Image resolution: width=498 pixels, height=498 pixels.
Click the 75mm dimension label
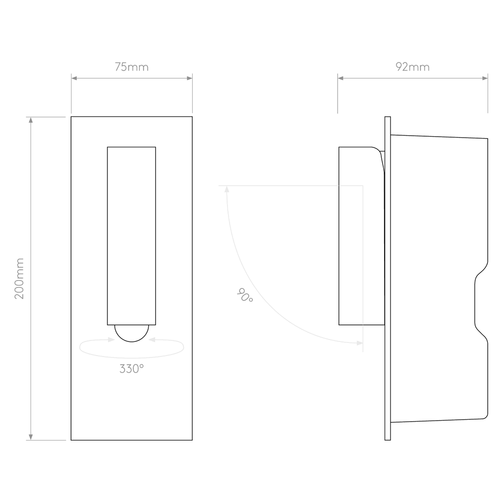point(131,67)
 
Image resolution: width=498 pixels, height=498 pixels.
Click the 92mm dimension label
point(412,67)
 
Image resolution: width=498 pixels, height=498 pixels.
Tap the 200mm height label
point(19,278)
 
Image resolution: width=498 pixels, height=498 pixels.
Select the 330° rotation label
point(131,369)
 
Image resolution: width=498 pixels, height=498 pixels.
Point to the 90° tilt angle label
point(245,295)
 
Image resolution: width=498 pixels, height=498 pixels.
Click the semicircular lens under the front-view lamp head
point(131,334)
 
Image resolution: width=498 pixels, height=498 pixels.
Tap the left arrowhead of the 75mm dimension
point(74,78)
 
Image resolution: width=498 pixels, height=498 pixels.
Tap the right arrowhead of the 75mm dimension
point(190,78)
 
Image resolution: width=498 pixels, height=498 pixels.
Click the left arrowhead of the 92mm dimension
point(340,78)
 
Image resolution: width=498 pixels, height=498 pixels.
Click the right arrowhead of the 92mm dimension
point(485,78)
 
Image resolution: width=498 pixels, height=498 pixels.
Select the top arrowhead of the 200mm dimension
point(31,120)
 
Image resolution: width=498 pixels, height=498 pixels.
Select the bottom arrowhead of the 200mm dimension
point(31,437)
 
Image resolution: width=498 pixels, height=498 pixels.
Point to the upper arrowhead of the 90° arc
point(227,189)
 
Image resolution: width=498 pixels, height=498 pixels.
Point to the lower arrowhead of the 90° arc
point(360,343)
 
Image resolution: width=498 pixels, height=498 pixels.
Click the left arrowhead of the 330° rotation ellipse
point(111,340)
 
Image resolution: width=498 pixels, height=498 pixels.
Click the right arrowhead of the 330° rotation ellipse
point(152,340)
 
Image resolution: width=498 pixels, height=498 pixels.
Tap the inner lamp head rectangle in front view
point(131,236)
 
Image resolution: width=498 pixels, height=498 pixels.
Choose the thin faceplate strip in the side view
point(388,278)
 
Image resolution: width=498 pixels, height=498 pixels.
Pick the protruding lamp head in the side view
point(362,236)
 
